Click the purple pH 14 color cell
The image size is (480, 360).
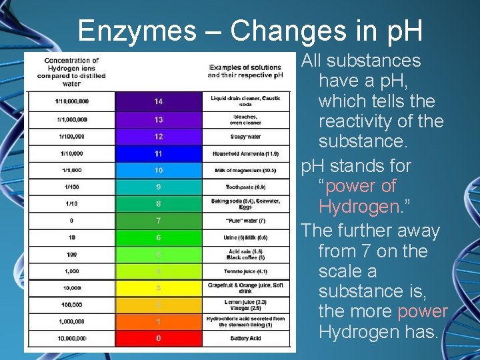click(x=158, y=101)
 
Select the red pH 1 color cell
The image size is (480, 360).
click(x=158, y=321)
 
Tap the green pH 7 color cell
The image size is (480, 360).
click(x=158, y=220)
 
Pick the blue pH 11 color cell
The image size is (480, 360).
click(x=158, y=153)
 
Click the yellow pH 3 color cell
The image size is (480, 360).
click(x=158, y=288)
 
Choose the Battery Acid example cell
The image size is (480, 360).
click(x=245, y=339)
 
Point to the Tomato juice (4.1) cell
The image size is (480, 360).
click(x=245, y=271)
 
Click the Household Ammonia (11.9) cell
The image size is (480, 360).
click(x=245, y=153)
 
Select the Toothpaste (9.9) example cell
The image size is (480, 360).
click(x=245, y=187)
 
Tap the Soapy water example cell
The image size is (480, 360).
click(x=245, y=137)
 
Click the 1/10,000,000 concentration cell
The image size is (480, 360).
click(x=71, y=101)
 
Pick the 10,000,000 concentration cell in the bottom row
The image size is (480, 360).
click(x=71, y=339)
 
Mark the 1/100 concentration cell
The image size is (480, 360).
click(x=71, y=187)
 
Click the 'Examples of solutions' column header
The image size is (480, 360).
click(x=245, y=71)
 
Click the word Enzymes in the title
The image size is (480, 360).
click(x=136, y=30)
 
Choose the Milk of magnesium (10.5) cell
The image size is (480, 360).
click(x=245, y=170)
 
